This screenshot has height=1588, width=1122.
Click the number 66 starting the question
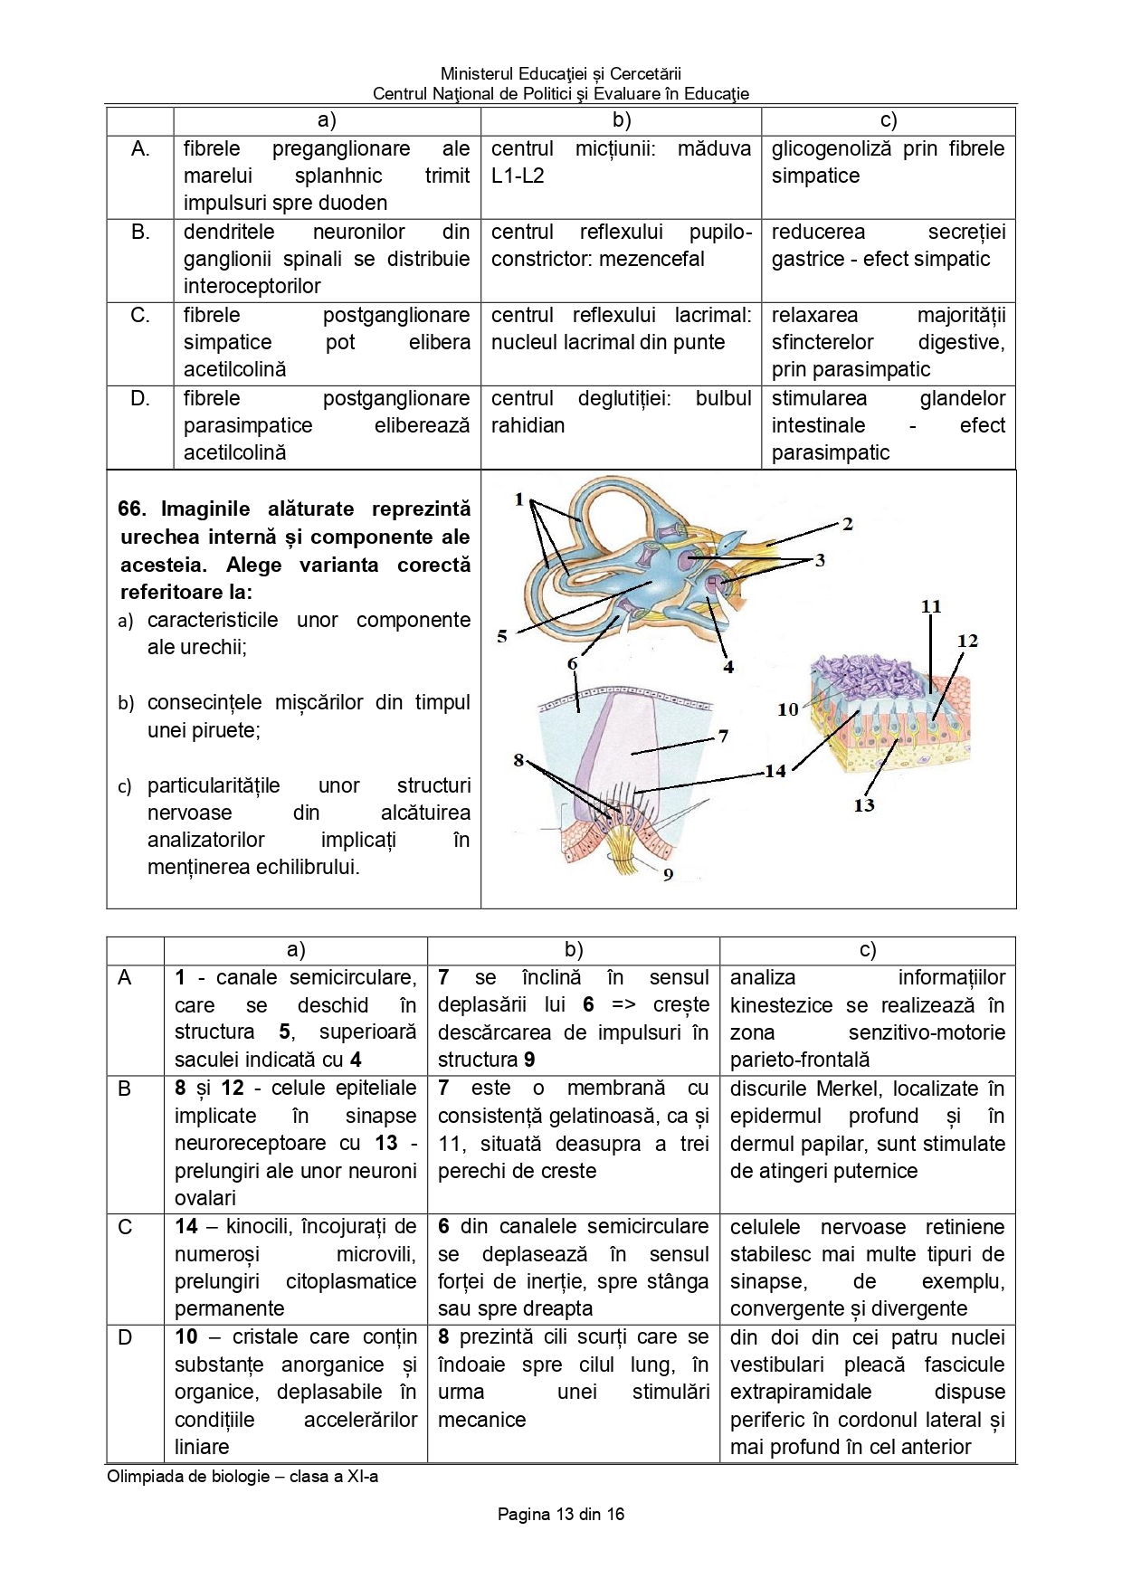131,509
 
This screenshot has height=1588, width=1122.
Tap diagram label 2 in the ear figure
847,524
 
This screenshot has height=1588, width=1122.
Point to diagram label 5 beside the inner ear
502,636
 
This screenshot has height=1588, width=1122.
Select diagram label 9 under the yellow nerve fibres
668,874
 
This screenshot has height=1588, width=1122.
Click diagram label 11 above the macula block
931,606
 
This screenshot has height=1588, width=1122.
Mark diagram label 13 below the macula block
863,804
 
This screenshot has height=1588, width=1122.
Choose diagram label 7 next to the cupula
723,736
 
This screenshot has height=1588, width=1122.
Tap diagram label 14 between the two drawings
775,771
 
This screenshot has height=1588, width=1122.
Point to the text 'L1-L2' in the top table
518,176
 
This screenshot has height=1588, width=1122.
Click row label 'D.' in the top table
140,398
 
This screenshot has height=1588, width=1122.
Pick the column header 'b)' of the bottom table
573,949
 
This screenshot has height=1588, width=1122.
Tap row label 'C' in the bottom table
125,1227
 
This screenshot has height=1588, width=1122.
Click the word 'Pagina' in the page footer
523,1514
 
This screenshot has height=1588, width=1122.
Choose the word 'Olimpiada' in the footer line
143,1476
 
